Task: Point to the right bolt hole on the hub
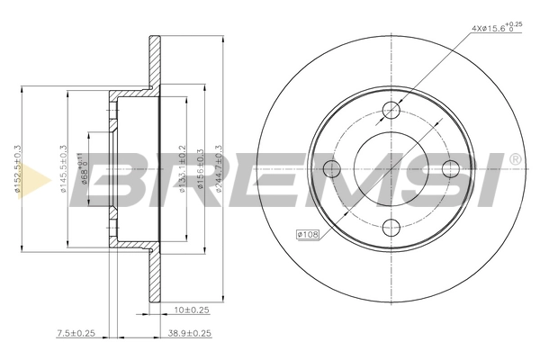[449, 168]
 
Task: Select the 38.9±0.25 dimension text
[189, 333]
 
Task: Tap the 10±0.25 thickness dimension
[191, 310]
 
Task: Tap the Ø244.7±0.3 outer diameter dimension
[218, 169]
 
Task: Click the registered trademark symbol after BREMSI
[515, 159]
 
